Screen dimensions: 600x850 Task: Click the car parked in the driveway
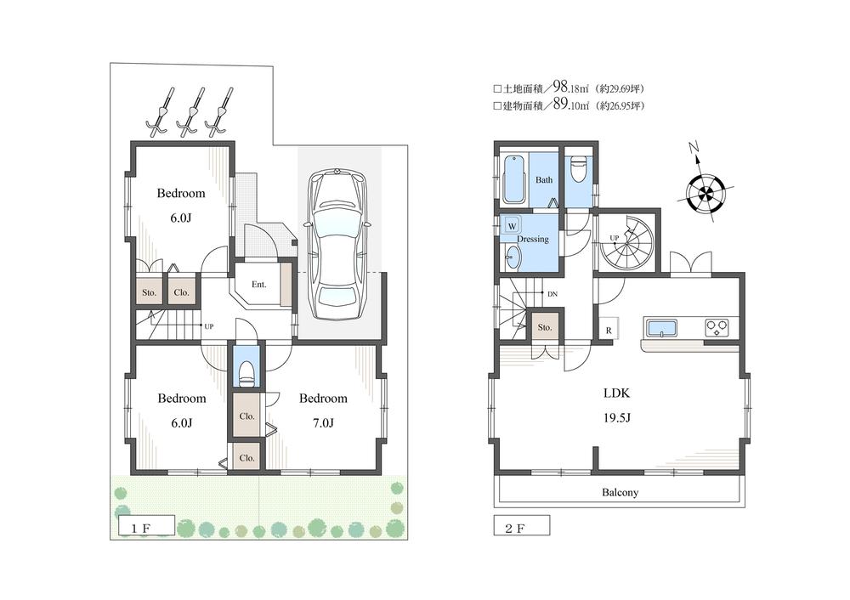(337, 241)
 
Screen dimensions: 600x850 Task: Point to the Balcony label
(620, 492)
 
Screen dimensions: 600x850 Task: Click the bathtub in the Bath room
(513, 179)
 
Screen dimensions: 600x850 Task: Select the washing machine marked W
(512, 226)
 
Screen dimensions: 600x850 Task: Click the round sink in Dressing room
(513, 258)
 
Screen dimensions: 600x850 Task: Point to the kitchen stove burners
(717, 326)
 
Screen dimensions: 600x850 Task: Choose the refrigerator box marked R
(609, 330)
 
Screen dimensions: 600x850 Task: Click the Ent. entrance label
(258, 285)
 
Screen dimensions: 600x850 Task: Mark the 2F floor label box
(521, 527)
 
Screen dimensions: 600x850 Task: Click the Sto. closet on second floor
(545, 326)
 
